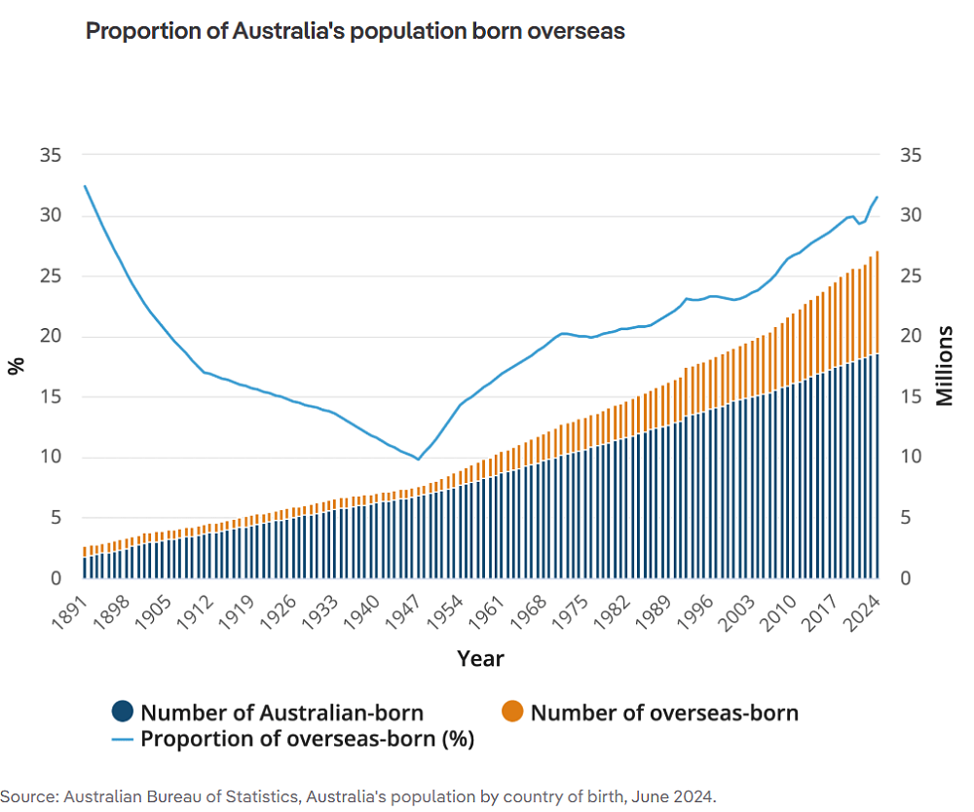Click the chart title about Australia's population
click(356, 31)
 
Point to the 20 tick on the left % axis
click(49, 337)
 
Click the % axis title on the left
click(16, 366)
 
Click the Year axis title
click(481, 659)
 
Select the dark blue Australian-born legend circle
click(124, 713)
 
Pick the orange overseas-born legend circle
click(513, 713)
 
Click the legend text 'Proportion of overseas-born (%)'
click(307, 739)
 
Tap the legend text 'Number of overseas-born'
click(664, 713)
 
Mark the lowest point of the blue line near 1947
click(418, 459)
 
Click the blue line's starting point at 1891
click(85, 186)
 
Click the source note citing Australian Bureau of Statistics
click(358, 796)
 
